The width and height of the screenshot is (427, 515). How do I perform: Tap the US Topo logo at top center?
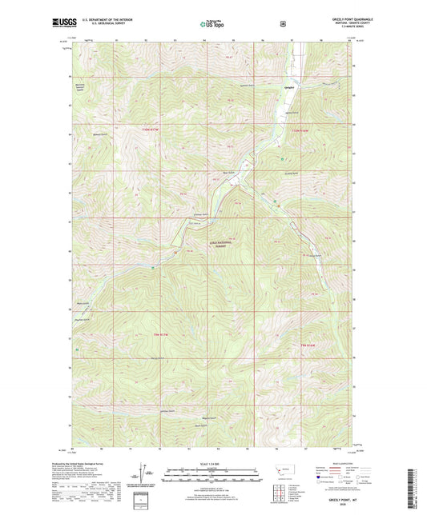point(211,25)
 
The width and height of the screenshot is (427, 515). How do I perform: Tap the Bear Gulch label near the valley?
point(227,170)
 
